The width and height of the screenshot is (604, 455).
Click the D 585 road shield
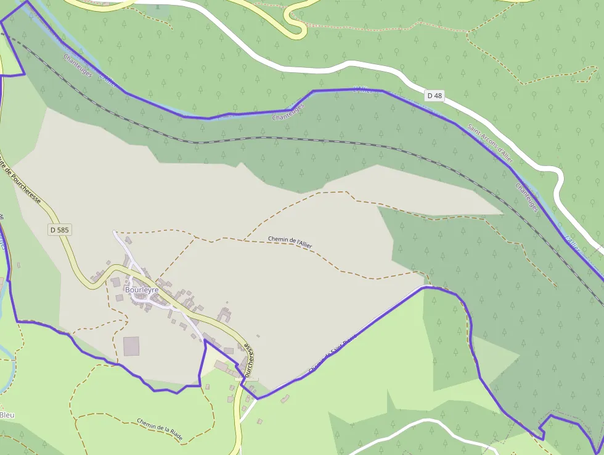(59, 229)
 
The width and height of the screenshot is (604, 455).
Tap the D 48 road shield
(435, 96)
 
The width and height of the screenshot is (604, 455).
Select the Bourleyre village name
(142, 289)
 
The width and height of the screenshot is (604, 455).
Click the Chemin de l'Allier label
(290, 242)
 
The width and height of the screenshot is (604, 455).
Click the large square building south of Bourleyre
(131, 346)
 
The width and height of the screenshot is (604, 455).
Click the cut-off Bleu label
(7, 415)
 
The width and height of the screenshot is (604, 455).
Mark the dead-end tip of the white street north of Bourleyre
(114, 233)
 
